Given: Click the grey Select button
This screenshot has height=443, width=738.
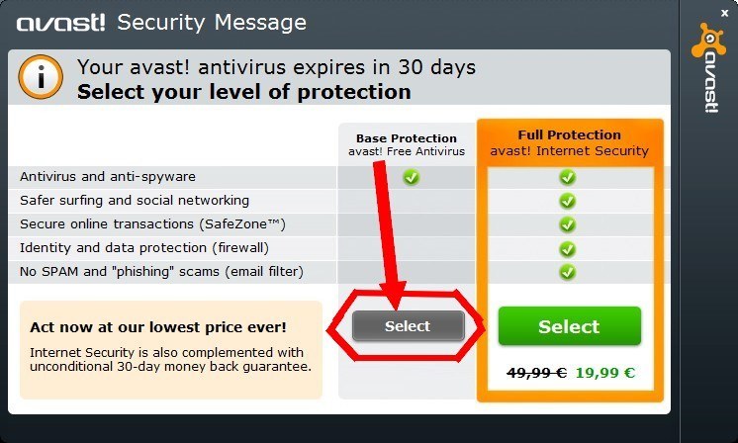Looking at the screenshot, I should pyautogui.click(x=408, y=326).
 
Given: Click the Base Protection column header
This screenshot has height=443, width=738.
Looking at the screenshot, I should pyautogui.click(x=407, y=144).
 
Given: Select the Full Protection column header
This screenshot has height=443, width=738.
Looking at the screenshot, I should pyautogui.click(x=569, y=142).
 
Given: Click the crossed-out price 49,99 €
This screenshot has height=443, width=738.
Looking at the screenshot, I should pyautogui.click(x=536, y=373).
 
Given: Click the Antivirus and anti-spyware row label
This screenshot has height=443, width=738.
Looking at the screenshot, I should pyautogui.click(x=108, y=177).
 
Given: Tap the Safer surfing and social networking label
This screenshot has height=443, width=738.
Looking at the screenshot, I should pyautogui.click(x=135, y=201).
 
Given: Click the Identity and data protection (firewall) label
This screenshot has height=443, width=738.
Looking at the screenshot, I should pyautogui.click(x=144, y=247).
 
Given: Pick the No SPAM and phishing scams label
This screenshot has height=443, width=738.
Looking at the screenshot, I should pyautogui.click(x=161, y=271).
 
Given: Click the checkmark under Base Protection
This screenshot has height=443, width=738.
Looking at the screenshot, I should pyautogui.click(x=411, y=177).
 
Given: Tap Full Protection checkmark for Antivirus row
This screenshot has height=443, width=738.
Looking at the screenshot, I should pyautogui.click(x=567, y=177).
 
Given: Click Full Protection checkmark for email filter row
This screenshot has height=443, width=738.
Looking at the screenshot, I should pyautogui.click(x=567, y=271).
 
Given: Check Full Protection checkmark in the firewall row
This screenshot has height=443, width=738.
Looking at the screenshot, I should pyautogui.click(x=567, y=248).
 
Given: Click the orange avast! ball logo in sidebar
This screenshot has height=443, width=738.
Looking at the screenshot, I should pyautogui.click(x=708, y=41).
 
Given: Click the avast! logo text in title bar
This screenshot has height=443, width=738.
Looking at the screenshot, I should pyautogui.click(x=61, y=23).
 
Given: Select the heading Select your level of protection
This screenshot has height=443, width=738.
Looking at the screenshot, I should pyautogui.click(x=243, y=92).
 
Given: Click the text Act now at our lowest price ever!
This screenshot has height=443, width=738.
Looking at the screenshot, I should pyautogui.click(x=158, y=326).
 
